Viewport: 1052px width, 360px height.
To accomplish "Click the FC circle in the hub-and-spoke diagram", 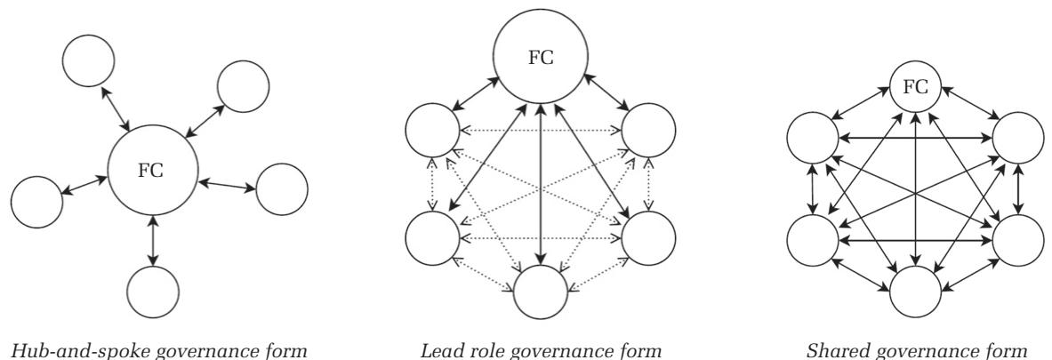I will click(152, 170).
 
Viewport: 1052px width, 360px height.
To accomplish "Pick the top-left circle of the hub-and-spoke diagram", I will click(89, 59).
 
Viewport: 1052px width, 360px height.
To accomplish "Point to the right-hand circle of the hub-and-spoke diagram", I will click(282, 188).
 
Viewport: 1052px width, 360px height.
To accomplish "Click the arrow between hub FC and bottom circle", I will click(154, 239).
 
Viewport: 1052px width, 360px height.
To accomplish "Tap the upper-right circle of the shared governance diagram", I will click(1019, 140).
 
